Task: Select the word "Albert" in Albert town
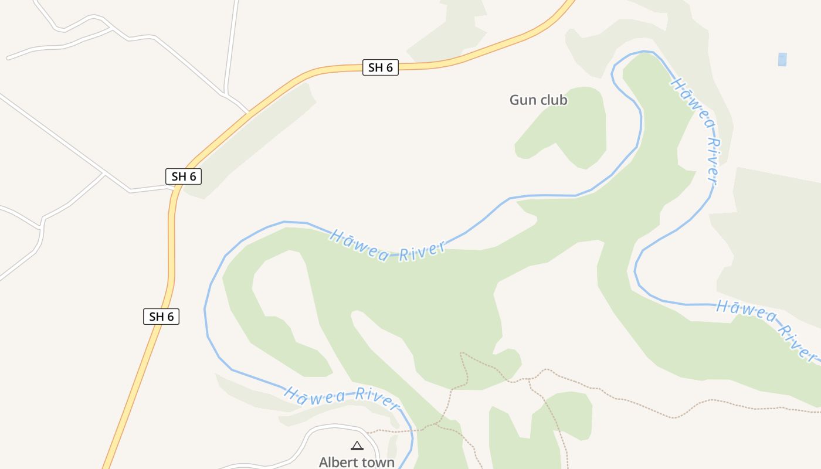pyautogui.click(x=337, y=462)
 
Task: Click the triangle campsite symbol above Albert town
pyautogui.click(x=357, y=446)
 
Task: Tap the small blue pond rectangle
pyautogui.click(x=782, y=59)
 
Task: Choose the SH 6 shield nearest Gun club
pyautogui.click(x=381, y=67)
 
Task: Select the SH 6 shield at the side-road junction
pyautogui.click(x=184, y=176)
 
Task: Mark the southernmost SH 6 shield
pyautogui.click(x=161, y=317)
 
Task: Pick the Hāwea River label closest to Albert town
pyautogui.click(x=341, y=396)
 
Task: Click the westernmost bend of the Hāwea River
pyautogui.click(x=205, y=308)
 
